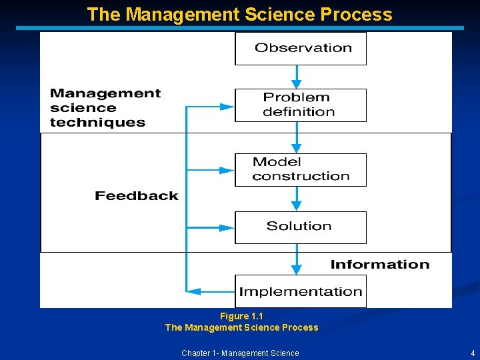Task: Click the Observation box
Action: point(300,48)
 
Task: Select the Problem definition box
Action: point(300,105)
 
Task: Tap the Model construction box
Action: point(300,169)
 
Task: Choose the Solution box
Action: point(300,227)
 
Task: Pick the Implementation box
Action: point(300,291)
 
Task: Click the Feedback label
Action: point(137,196)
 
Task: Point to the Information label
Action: point(380,265)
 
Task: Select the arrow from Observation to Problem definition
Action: point(297,77)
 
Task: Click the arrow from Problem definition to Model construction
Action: point(297,138)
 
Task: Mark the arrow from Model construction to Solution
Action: point(297,199)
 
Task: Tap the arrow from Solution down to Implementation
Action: point(297,259)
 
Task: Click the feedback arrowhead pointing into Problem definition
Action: point(227,105)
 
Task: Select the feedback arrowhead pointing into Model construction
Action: point(227,170)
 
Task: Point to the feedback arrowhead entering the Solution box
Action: point(227,227)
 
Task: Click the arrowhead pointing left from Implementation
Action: point(194,291)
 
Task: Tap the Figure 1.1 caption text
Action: point(241,316)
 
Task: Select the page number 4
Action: point(472,353)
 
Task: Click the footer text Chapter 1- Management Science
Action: point(240,353)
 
